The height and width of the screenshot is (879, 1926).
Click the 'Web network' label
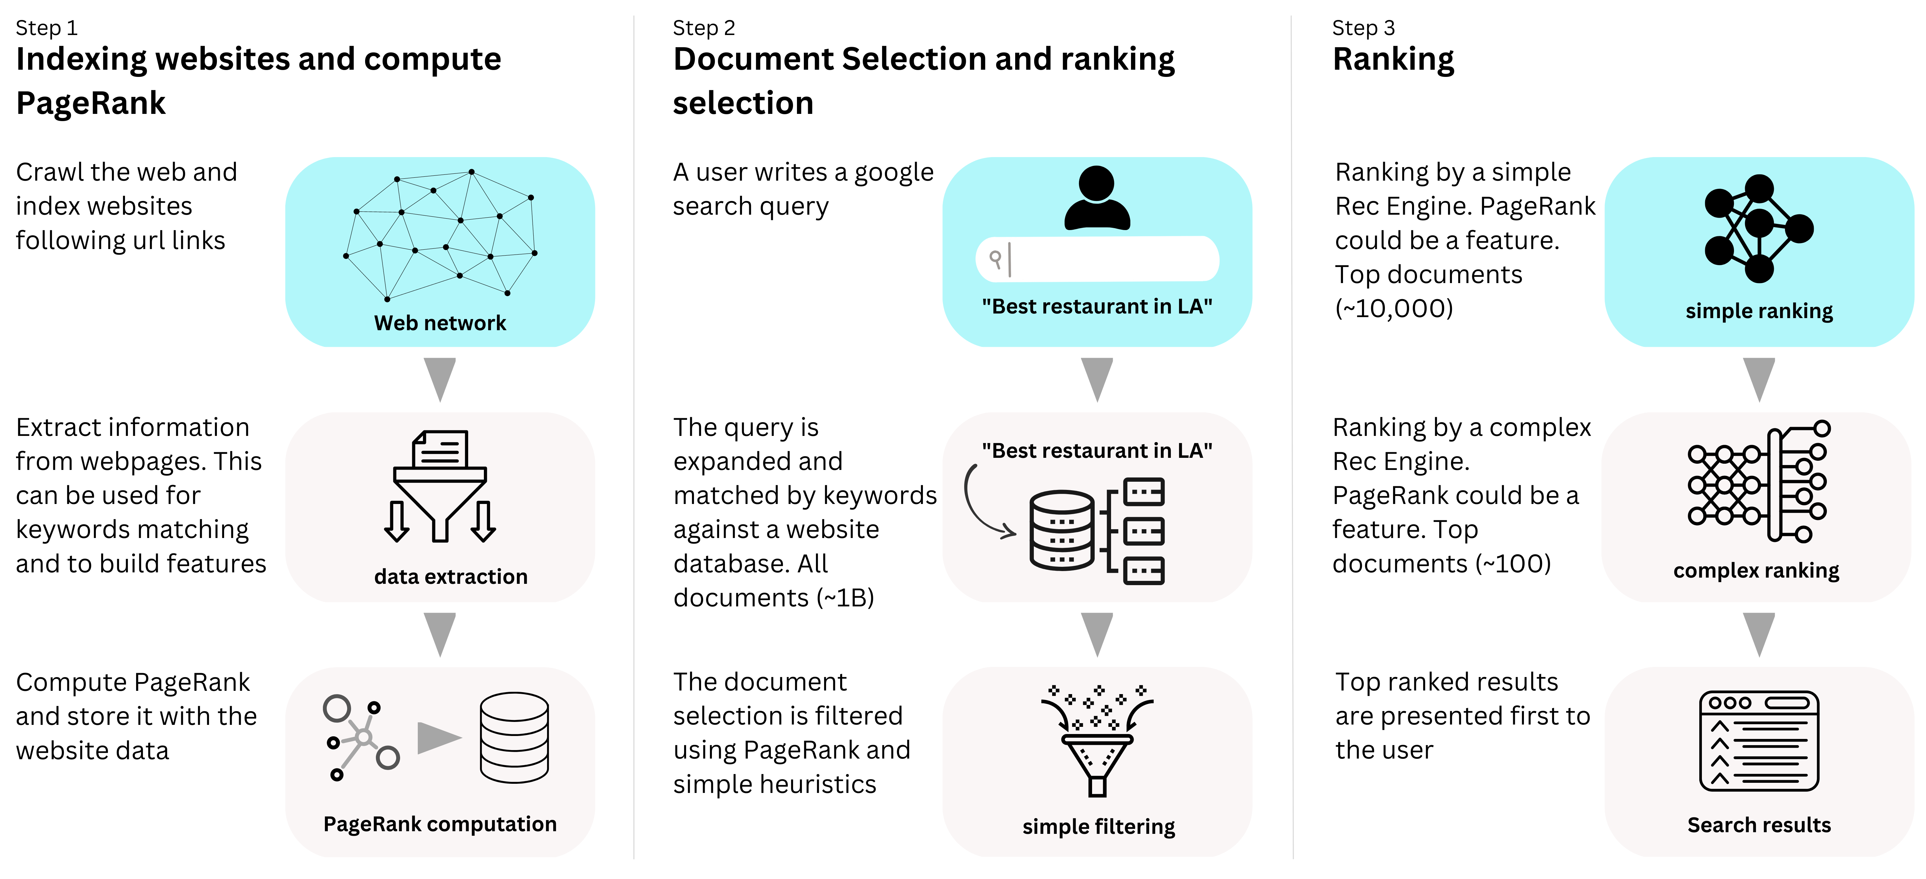click(x=440, y=323)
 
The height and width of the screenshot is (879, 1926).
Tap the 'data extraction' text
click(x=451, y=577)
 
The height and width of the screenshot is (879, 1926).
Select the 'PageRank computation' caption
click(x=440, y=824)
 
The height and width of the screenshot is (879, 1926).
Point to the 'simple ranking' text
click(x=1759, y=311)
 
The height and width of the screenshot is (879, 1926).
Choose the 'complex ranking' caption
click(x=1756, y=571)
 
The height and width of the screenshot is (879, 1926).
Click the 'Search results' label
click(x=1759, y=825)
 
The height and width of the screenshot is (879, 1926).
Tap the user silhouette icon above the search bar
click(x=1097, y=198)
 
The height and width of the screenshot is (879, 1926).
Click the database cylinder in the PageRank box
click(x=514, y=738)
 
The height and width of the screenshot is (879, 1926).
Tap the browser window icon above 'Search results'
click(x=1759, y=741)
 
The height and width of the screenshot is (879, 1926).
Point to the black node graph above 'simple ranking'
click(x=1758, y=228)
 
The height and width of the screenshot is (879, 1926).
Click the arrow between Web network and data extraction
click(x=440, y=379)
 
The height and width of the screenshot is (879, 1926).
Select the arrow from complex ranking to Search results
click(x=1759, y=634)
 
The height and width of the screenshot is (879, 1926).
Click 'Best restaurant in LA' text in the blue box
click(x=1097, y=307)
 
